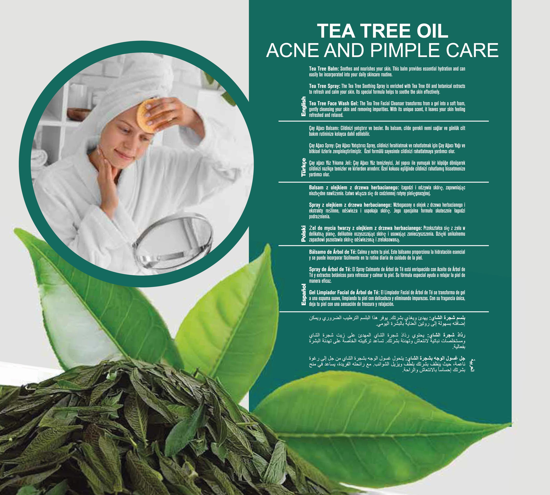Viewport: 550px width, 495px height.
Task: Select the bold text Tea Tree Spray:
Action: (x=325, y=86)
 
